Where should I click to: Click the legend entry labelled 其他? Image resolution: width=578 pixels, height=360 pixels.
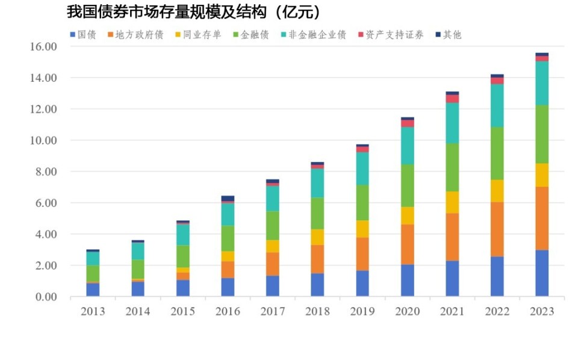coord(447,34)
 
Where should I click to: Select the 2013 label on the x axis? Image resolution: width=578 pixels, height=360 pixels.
coord(93,311)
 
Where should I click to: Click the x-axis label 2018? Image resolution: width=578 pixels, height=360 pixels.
coord(317,311)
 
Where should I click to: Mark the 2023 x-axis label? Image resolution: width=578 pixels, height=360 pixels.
coord(542,311)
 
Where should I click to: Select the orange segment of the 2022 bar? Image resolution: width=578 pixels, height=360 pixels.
coord(497,229)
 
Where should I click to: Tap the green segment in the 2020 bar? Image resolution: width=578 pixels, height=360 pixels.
coord(407,185)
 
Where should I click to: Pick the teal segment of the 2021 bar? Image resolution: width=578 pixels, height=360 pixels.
coord(452,123)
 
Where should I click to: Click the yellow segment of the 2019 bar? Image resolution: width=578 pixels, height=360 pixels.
coord(362,229)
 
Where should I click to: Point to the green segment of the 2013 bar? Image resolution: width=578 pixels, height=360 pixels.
coord(93,273)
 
